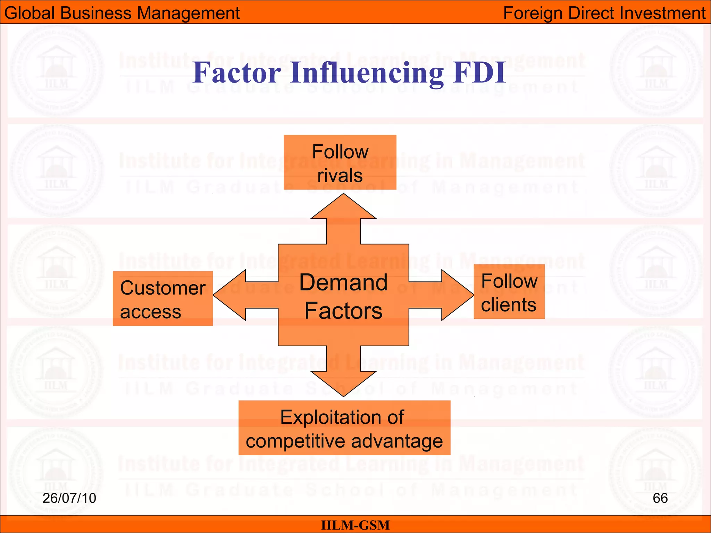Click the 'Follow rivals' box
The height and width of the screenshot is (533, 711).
click(x=340, y=162)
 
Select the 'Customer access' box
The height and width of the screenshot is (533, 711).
click(x=162, y=298)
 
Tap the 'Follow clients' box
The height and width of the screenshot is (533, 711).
click(x=509, y=291)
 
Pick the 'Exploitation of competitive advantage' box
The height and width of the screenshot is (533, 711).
click(x=344, y=428)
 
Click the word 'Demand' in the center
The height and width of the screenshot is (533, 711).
click(x=343, y=282)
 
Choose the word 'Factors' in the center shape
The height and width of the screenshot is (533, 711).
click(x=343, y=311)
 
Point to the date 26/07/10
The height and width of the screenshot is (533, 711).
click(x=69, y=498)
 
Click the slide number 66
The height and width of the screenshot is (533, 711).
click(x=660, y=498)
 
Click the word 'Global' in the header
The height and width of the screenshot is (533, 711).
click(x=30, y=13)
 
